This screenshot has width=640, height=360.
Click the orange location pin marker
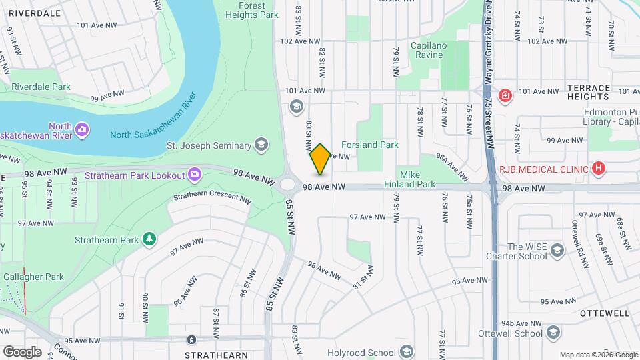pyautogui.click(x=320, y=159)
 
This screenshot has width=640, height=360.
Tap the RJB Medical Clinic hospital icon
pyautogui.click(x=599, y=169)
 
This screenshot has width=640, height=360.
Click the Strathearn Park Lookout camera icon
pyautogui.click(x=194, y=174)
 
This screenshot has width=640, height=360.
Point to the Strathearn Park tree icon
pyautogui.click(x=150, y=239)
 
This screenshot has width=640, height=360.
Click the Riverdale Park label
pyautogui.click(x=41, y=87)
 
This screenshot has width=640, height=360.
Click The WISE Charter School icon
pyautogui.click(x=557, y=250)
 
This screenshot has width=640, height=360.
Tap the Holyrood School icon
pyautogui.click(x=406, y=351)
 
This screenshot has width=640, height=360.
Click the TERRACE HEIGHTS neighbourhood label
pyautogui.click(x=589, y=92)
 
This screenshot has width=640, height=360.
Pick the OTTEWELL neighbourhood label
pyautogui.click(x=605, y=313)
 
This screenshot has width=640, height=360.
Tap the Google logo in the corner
pyautogui.click(x=21, y=351)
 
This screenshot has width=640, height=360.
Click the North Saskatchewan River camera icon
pyautogui.click(x=81, y=128)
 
